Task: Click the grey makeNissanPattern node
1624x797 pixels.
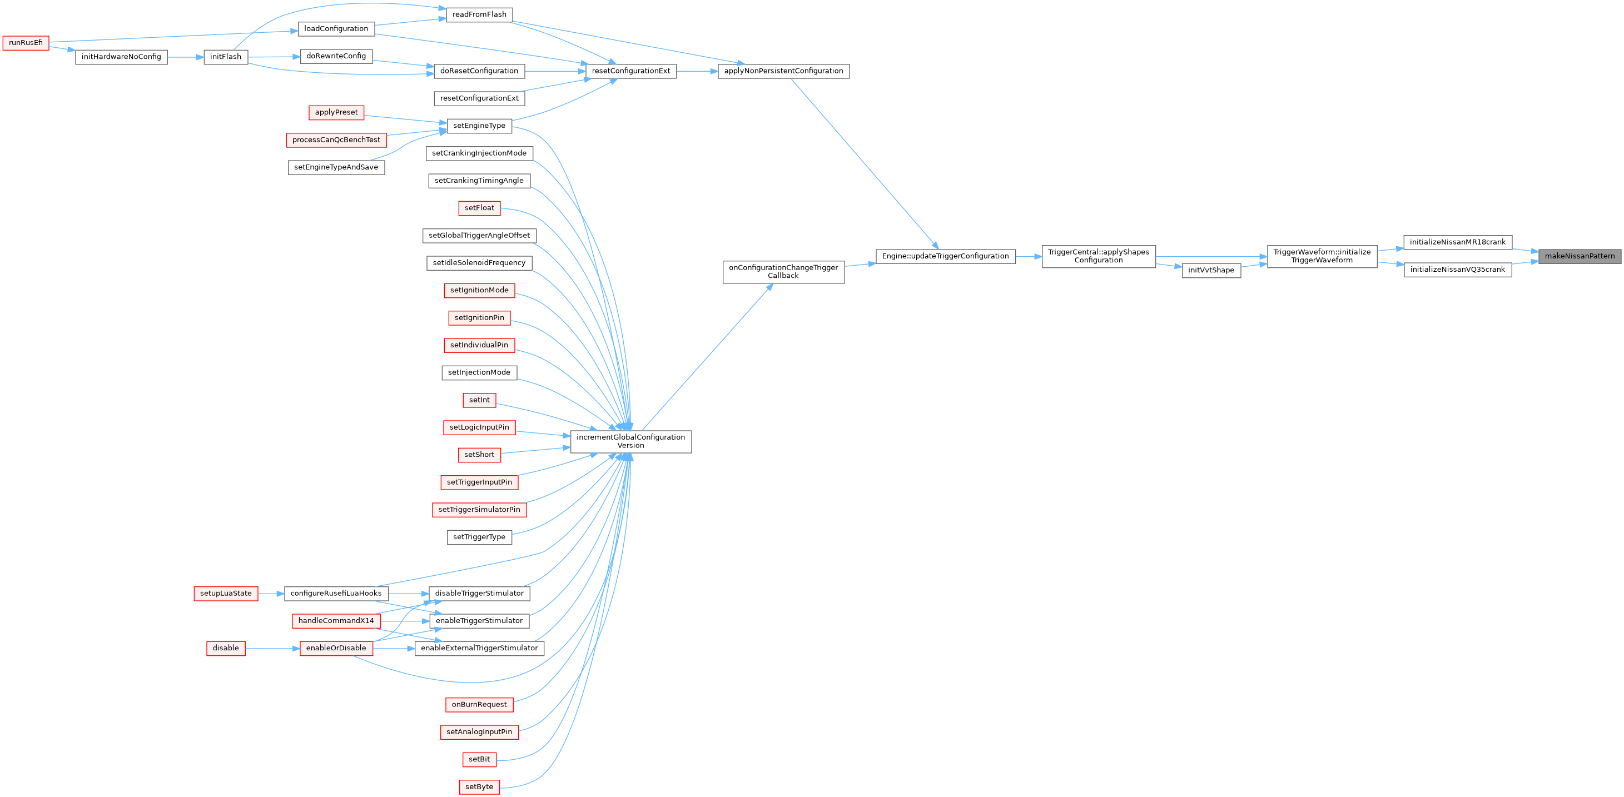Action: point(1579,256)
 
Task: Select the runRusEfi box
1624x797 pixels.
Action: point(26,43)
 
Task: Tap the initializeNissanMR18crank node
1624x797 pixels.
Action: point(1458,242)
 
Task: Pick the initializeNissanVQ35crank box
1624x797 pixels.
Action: point(1458,270)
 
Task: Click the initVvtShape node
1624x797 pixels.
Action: point(1211,270)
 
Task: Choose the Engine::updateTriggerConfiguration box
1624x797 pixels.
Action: point(945,256)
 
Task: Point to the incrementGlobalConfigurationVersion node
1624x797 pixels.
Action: point(630,442)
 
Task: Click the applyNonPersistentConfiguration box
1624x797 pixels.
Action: point(783,71)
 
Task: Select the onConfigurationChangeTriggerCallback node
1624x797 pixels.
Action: point(783,272)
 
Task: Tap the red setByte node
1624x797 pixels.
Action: point(479,787)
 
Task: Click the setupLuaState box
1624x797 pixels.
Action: point(226,594)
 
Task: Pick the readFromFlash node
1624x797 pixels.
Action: point(479,14)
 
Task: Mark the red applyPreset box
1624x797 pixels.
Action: point(336,113)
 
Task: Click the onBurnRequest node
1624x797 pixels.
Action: point(479,705)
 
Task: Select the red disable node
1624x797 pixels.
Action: point(226,648)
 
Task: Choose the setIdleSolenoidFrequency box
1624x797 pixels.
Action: point(479,263)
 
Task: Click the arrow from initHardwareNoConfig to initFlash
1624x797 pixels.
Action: point(185,57)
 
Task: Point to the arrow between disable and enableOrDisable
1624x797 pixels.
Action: point(272,648)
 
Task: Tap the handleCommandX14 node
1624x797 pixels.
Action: point(336,621)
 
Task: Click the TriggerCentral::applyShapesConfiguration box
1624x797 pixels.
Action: point(1098,256)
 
